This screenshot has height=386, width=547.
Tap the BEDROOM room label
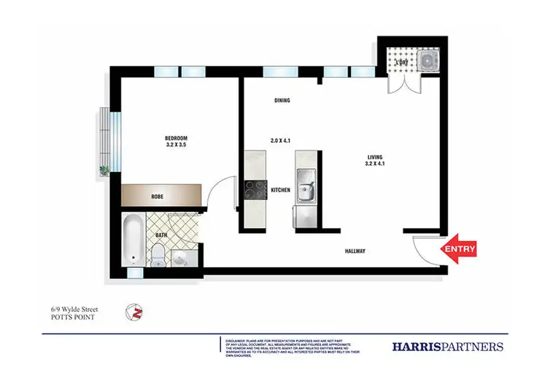176,138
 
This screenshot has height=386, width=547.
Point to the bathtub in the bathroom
133,241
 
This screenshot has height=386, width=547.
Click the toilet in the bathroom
157,254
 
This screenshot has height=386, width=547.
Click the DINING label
283,101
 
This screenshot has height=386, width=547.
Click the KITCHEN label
281,190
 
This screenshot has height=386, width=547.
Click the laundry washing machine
426,61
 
